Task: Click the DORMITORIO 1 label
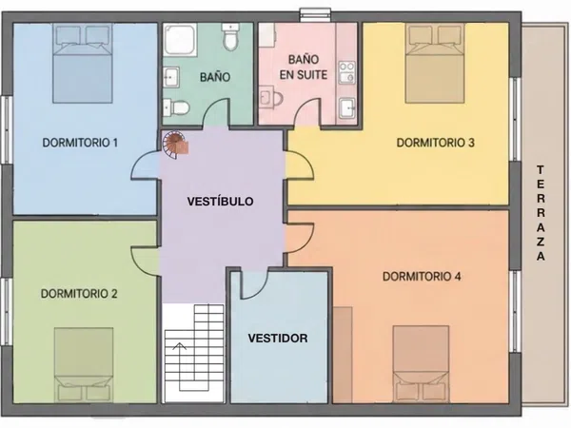pos(80,143)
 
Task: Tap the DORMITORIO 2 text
pos(79,294)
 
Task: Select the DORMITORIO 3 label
pos(436,143)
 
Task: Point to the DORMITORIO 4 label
pos(422,277)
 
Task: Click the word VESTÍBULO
pos(221,202)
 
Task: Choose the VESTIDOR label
pos(278,339)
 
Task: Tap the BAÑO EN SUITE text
pos(304,67)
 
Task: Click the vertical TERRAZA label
pos(541,213)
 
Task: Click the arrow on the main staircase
pos(180,365)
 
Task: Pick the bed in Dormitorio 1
pos(82,63)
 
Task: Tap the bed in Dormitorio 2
pos(84,365)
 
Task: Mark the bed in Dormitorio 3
pos(435,63)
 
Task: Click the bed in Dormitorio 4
pos(421,364)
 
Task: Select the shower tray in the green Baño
pos(180,40)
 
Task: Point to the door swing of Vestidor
pos(255,285)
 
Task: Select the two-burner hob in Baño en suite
pos(346,72)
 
